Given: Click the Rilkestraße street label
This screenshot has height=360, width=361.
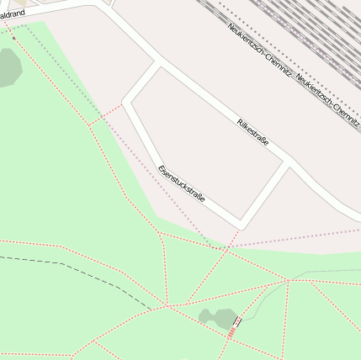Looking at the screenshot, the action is pos(252,133).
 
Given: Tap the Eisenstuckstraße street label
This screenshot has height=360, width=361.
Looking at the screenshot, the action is pos(182,188).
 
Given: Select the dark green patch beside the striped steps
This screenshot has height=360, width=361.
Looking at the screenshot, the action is pos(218,317).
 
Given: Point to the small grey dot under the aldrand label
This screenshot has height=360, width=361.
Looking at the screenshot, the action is pos(13,38).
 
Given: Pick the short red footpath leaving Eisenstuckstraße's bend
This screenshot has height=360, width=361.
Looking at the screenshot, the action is pos(106,114).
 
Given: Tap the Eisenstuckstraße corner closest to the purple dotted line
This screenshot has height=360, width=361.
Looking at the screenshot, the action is pos(241,225).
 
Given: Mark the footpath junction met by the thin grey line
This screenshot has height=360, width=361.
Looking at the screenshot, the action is pos(289,280).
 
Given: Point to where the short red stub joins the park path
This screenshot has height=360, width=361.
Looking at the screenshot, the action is pos(90,125).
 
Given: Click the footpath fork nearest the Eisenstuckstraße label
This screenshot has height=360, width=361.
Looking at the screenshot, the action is pos(160,233).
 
